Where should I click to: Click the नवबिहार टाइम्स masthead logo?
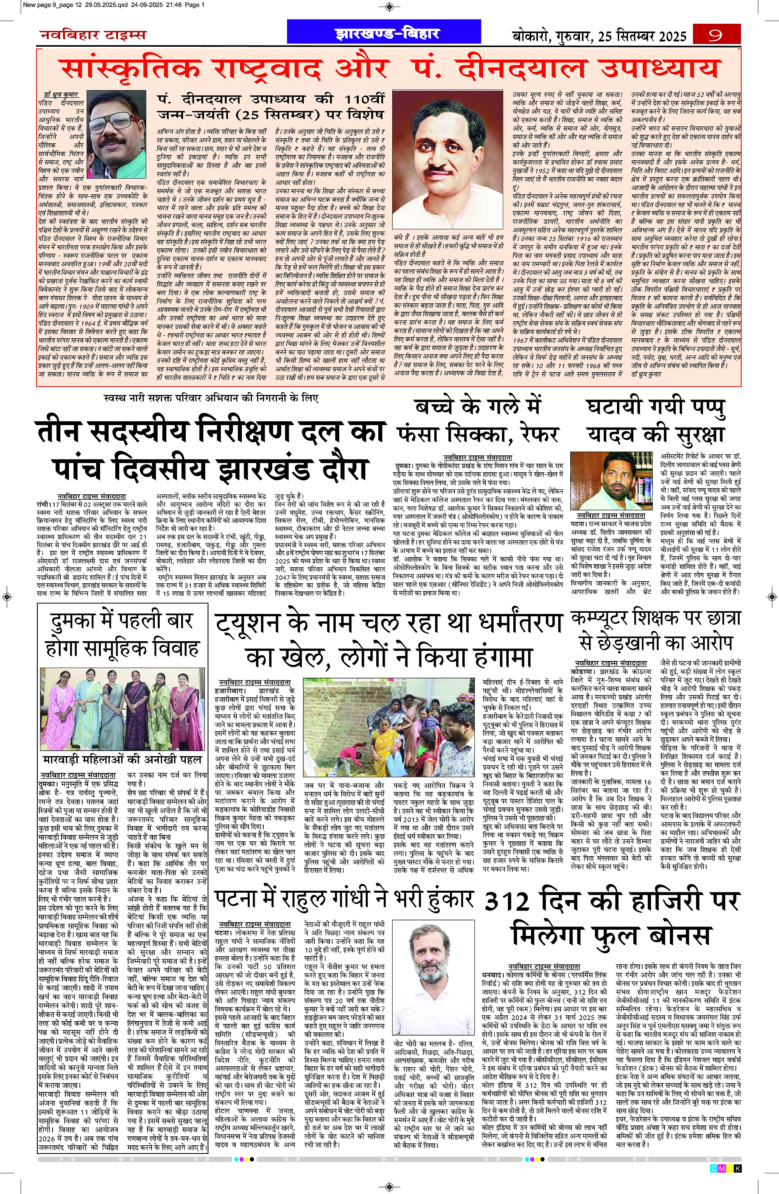tap(93, 35)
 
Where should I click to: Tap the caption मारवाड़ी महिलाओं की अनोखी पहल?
tap(122, 759)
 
